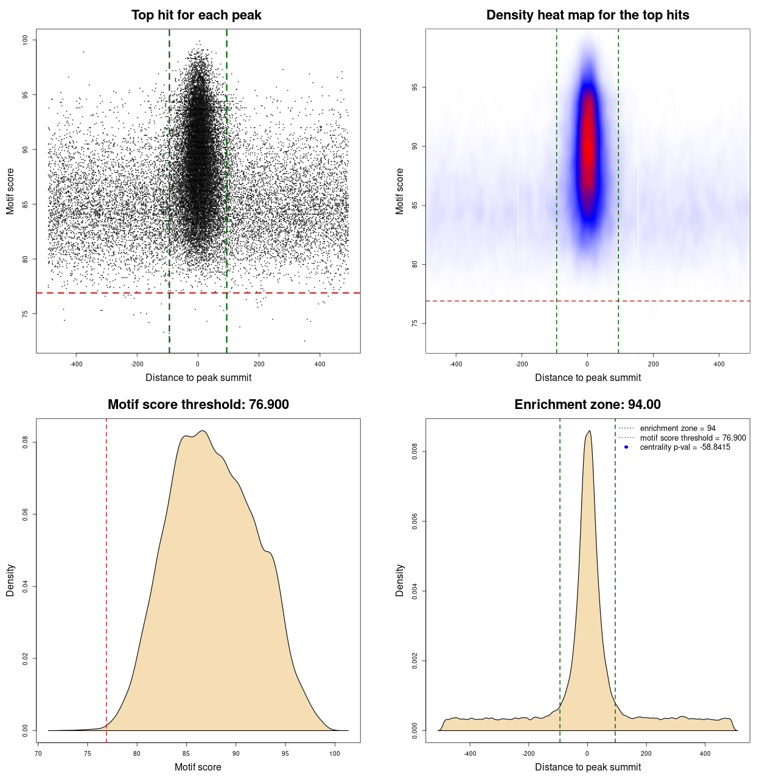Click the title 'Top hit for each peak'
click(196, 15)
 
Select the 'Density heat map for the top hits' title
click(587, 15)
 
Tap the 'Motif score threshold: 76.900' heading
click(198, 405)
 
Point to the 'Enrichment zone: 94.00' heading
click(587, 405)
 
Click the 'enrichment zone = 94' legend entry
click(677, 428)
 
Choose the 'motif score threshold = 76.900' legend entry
click(693, 438)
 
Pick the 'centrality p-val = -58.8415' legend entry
click(685, 447)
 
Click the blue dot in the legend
click(626, 447)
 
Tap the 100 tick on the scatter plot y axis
click(26, 40)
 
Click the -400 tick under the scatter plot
click(76, 364)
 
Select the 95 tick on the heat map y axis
click(415, 88)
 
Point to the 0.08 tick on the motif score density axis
click(26, 442)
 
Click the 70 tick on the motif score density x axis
click(38, 753)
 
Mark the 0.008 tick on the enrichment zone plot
click(415, 452)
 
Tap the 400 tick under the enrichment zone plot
click(705, 753)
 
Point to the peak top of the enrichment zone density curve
click(589, 431)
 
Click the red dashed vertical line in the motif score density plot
click(107, 578)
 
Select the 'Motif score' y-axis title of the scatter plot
click(10, 191)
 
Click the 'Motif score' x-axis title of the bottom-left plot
click(198, 767)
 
